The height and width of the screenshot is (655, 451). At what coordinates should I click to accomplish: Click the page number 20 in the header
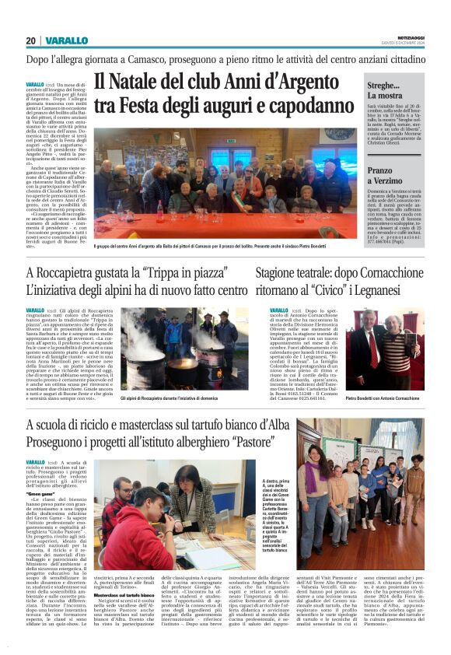coord(30,40)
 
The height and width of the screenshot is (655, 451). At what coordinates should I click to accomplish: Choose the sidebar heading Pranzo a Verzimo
coord(393,175)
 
